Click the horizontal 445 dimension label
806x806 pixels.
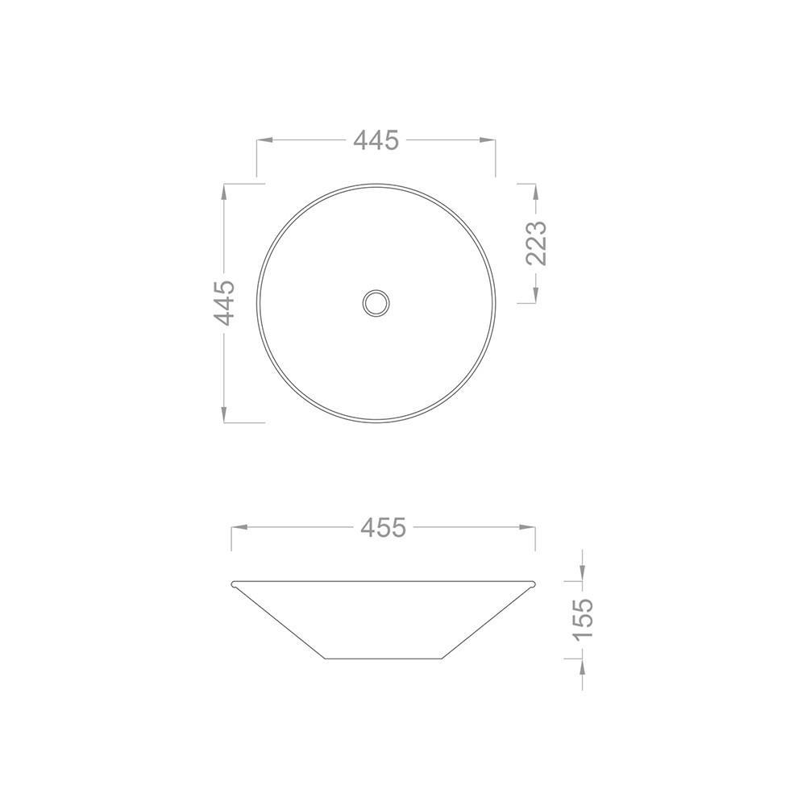[x=376, y=140]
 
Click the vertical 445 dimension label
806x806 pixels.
[x=225, y=303]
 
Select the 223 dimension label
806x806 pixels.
[x=536, y=243]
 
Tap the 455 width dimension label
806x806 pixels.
[x=384, y=527]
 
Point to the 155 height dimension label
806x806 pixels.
[x=583, y=619]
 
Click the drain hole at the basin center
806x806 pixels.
[x=376, y=303]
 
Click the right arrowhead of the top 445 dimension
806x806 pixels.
[x=488, y=139]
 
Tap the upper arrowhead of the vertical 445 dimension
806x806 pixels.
[x=224, y=193]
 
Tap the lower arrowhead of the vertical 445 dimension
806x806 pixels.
[x=224, y=414]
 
